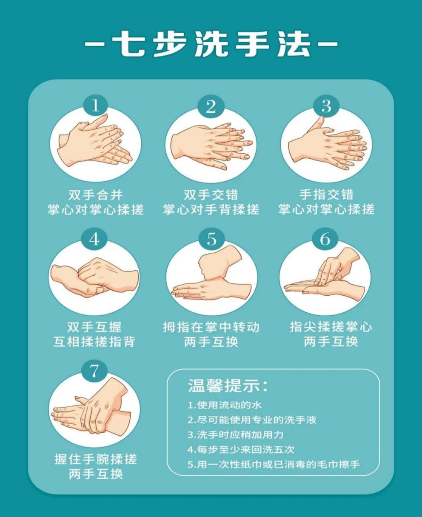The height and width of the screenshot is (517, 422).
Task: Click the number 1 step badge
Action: [x=95, y=105]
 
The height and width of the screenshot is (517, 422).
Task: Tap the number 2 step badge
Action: [x=211, y=106]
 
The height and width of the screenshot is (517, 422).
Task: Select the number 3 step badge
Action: [x=326, y=106]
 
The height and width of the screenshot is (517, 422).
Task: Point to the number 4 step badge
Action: [x=94, y=239]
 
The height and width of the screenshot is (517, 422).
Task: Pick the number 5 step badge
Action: [x=211, y=239]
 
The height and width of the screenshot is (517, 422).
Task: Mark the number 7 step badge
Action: [x=94, y=371]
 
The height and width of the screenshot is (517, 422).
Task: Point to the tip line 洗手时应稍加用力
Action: [x=235, y=435]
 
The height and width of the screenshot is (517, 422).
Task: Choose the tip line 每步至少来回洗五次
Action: [x=241, y=449]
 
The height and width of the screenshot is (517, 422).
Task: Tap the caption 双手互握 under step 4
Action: [x=94, y=327]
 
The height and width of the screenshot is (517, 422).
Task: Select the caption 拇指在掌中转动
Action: [x=211, y=327]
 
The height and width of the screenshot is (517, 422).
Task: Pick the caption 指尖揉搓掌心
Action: [x=331, y=327]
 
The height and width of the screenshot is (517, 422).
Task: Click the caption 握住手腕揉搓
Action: [x=96, y=459]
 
